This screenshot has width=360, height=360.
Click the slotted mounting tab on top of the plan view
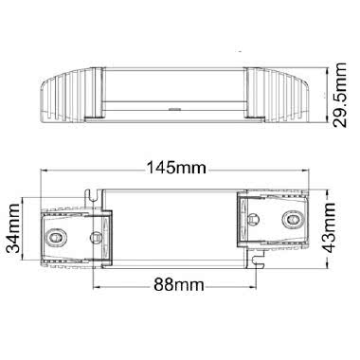(x=96, y=192)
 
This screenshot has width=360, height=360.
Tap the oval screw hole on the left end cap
(x=57, y=232)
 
